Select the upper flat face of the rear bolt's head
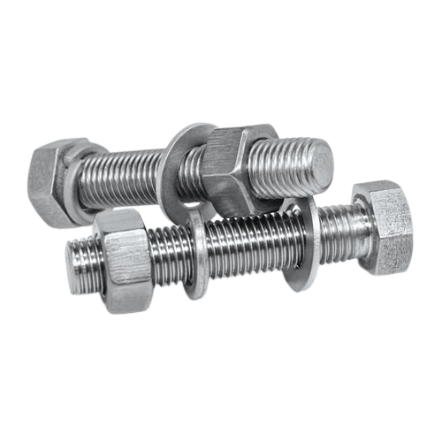click(x=57, y=149)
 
